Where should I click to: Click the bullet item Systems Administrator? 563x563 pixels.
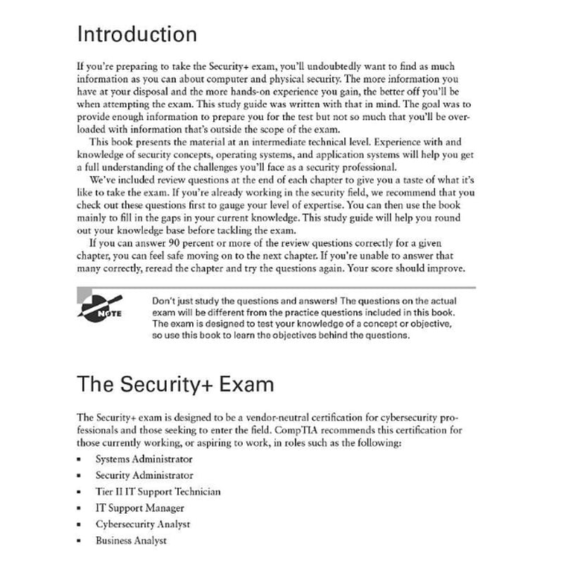(144, 459)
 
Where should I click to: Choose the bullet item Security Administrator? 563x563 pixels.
(144, 476)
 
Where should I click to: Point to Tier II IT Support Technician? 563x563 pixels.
(158, 492)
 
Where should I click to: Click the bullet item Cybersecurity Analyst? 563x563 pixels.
(143, 524)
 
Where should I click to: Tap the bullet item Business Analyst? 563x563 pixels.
(131, 540)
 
